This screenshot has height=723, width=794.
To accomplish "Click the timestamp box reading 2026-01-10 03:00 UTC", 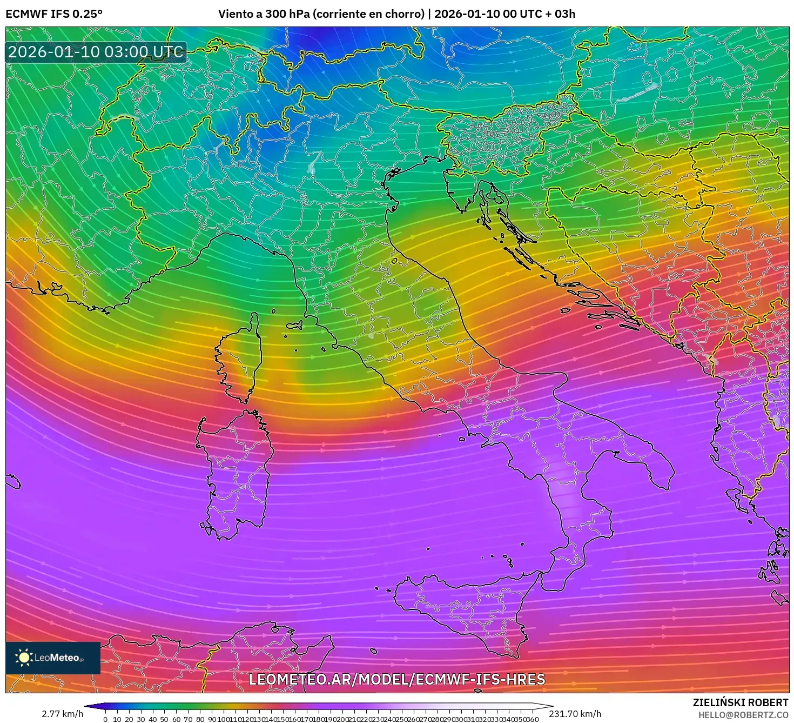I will click(x=96, y=52).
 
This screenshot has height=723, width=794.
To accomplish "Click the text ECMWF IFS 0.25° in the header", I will click(x=54, y=14).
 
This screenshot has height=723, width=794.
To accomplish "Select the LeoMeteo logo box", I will click(x=53, y=658).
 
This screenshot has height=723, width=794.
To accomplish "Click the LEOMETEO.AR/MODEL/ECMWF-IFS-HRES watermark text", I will click(x=396, y=679).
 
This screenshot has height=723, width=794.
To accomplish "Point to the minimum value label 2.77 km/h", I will click(x=62, y=714).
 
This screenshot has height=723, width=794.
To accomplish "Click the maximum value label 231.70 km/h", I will click(x=575, y=714).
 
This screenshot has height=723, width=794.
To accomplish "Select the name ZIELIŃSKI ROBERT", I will click(x=741, y=702).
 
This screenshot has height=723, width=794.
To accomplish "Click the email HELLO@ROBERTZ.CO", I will click(x=743, y=715).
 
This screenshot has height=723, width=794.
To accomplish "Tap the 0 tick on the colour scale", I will click(x=105, y=719).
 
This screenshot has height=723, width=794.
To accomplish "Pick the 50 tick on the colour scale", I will click(x=165, y=719).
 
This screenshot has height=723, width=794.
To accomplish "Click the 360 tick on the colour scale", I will click(x=532, y=719).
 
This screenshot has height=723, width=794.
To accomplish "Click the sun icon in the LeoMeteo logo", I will click(x=24, y=658).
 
